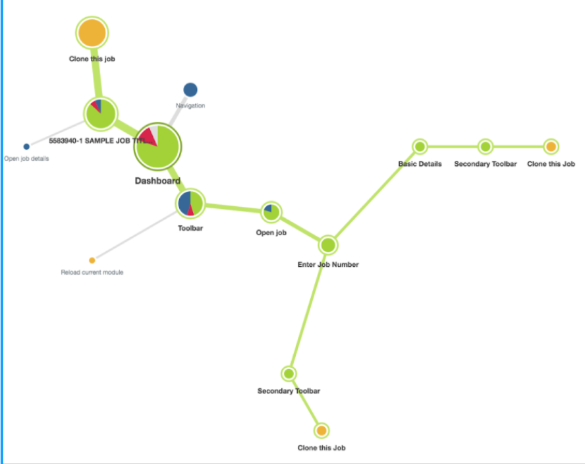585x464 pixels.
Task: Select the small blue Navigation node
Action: [190, 90]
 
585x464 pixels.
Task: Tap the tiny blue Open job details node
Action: [26, 146]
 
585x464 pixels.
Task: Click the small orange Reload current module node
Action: [92, 260]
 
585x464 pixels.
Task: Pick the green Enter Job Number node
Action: [328, 245]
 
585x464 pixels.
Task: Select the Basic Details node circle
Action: [420, 146]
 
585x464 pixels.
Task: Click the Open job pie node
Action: [270, 212]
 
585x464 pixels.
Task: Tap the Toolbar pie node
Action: [190, 204]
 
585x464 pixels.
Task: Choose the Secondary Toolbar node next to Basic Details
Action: [485, 146]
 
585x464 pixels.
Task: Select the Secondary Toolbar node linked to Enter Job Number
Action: [289, 374]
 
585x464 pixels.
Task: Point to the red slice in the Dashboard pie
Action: [149, 137]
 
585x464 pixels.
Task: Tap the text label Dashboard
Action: [157, 181]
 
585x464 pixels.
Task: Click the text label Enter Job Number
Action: [328, 264]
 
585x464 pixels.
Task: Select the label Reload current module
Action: [92, 272]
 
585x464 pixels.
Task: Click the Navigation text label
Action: [190, 105]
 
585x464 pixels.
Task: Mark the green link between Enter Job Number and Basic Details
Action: [374, 196]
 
